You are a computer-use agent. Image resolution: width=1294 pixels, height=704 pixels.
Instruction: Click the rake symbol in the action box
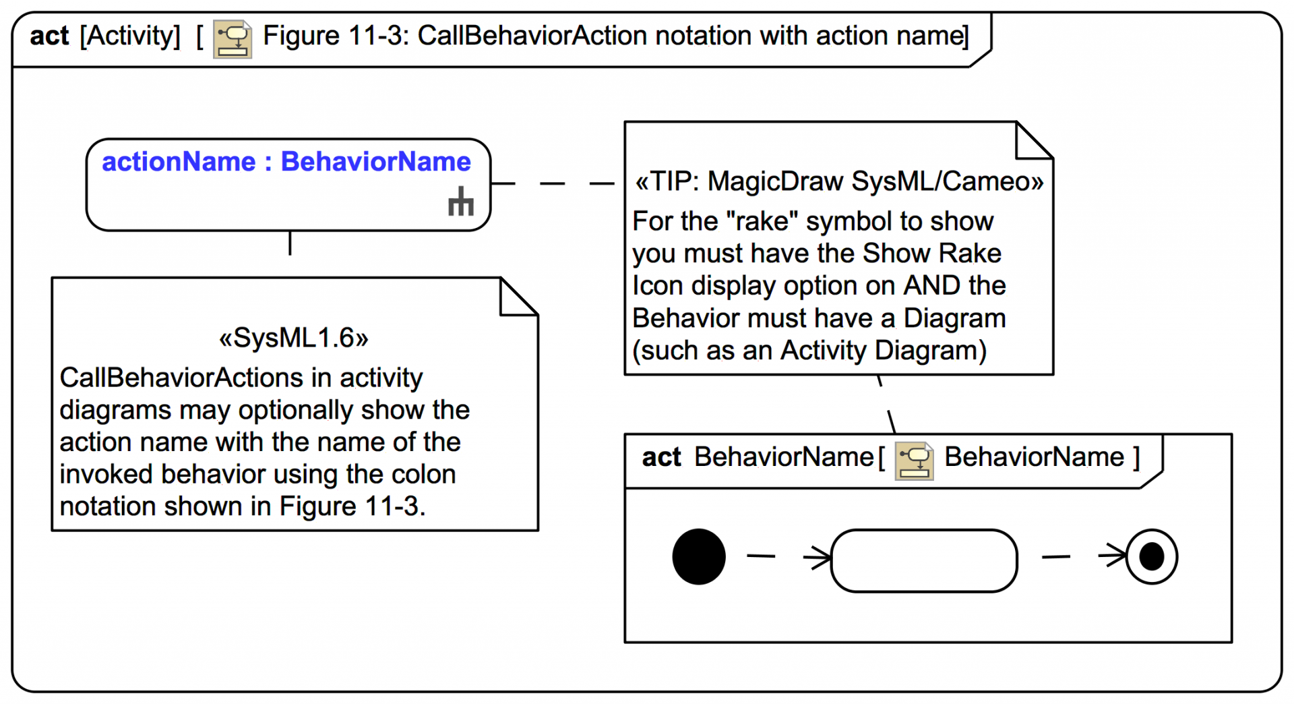click(x=461, y=202)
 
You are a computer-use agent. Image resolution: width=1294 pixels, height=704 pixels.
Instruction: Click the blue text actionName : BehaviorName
click(x=286, y=162)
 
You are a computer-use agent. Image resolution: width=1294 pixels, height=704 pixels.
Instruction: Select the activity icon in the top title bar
click(x=233, y=39)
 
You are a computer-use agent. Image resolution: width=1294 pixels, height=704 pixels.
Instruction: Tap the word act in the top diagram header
click(x=49, y=36)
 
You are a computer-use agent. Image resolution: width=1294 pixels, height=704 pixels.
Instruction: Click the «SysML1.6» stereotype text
click(x=294, y=338)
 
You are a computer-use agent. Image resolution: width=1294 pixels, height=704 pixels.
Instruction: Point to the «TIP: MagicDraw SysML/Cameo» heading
click(x=838, y=181)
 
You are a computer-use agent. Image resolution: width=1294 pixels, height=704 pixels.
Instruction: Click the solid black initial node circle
click(x=699, y=556)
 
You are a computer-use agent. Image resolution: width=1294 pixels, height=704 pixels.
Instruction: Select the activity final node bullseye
click(x=1151, y=556)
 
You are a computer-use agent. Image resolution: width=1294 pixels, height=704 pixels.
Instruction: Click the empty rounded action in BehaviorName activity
click(x=923, y=560)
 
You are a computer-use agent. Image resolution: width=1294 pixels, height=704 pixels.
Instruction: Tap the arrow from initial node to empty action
click(x=789, y=556)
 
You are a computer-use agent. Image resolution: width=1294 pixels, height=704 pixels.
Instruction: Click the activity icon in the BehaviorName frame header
click(x=914, y=461)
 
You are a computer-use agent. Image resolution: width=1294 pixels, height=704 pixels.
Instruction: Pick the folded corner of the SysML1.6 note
click(x=518, y=297)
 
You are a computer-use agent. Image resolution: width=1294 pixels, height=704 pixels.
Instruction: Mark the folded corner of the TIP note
click(x=1033, y=141)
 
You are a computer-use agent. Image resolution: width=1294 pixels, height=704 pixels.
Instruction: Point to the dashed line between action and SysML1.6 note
click(x=290, y=243)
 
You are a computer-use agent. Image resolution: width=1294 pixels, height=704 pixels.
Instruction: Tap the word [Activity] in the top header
click(x=130, y=36)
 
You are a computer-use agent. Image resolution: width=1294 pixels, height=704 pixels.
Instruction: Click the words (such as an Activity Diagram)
click(x=809, y=351)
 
